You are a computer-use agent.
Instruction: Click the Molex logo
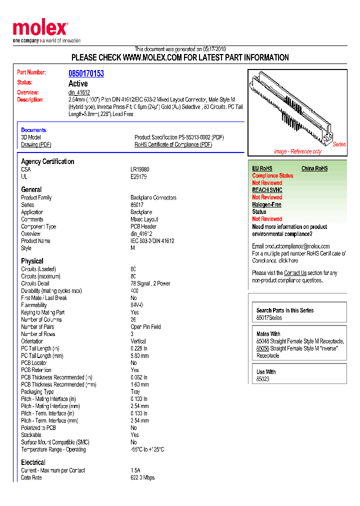40,29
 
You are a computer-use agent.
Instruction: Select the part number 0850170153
86,73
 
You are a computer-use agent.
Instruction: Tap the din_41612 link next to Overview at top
79,92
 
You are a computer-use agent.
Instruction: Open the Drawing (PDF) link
36,144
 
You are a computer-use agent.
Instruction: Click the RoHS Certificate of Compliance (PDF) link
173,144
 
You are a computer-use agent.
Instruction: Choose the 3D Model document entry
31,137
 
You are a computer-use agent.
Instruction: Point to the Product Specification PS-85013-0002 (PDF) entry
179,137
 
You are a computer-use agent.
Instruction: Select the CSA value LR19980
140,169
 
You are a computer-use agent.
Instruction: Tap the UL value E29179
138,176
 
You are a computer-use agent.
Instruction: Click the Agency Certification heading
47,161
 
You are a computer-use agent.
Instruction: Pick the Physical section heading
32,261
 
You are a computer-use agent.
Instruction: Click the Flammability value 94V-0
137,305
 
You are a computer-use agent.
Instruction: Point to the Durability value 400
134,290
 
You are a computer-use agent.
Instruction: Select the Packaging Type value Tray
135,391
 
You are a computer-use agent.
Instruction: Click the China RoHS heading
314,168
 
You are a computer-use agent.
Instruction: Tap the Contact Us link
295,273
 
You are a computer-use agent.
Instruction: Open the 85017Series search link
269,317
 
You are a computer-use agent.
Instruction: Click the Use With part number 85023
262,379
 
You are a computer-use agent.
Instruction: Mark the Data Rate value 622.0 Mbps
142,477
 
